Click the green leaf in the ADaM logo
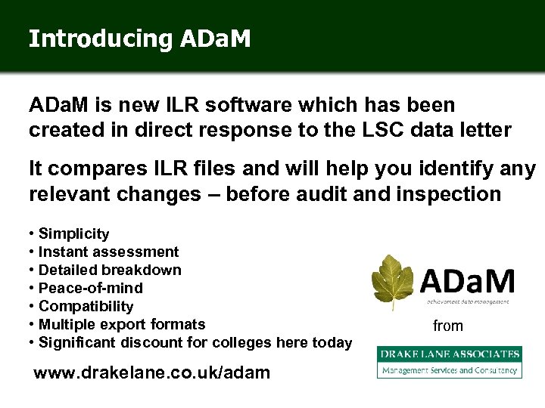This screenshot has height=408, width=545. click(393, 281)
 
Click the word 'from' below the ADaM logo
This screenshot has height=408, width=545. click(448, 326)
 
